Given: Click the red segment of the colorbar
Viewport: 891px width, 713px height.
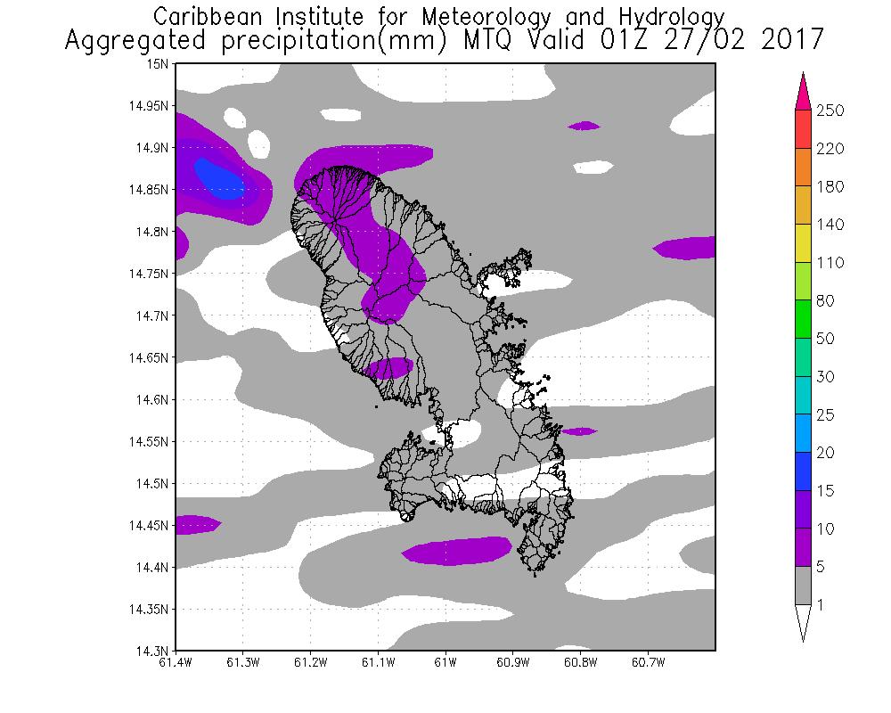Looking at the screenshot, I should (x=802, y=129).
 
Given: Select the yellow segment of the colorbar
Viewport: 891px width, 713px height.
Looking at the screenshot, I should (x=802, y=243).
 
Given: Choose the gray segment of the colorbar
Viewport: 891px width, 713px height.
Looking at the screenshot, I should (x=802, y=586).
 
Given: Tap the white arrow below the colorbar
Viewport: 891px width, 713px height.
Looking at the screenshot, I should (x=802, y=624).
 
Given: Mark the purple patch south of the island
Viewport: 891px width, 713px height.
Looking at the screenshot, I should (x=457, y=551).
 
